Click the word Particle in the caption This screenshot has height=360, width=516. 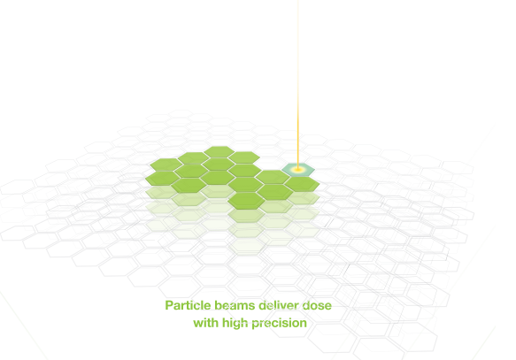tap(188, 305)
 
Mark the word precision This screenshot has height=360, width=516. tap(279, 324)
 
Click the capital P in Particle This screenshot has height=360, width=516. tap(169, 305)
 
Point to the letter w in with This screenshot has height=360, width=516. tap(198, 324)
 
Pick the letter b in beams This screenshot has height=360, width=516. tap(219, 305)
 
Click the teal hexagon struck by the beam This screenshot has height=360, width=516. tap(298, 170)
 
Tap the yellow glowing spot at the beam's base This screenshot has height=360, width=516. tap(298, 170)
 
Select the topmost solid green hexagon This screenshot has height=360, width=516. tap(219, 152)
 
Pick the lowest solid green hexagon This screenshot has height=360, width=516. tap(246, 201)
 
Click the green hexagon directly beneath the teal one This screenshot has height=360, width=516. tap(302, 184)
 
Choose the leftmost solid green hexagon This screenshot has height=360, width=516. tap(163, 178)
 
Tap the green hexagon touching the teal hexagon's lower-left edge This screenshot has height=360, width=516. tap(273, 177)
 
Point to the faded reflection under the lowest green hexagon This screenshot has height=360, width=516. tap(246, 216)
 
